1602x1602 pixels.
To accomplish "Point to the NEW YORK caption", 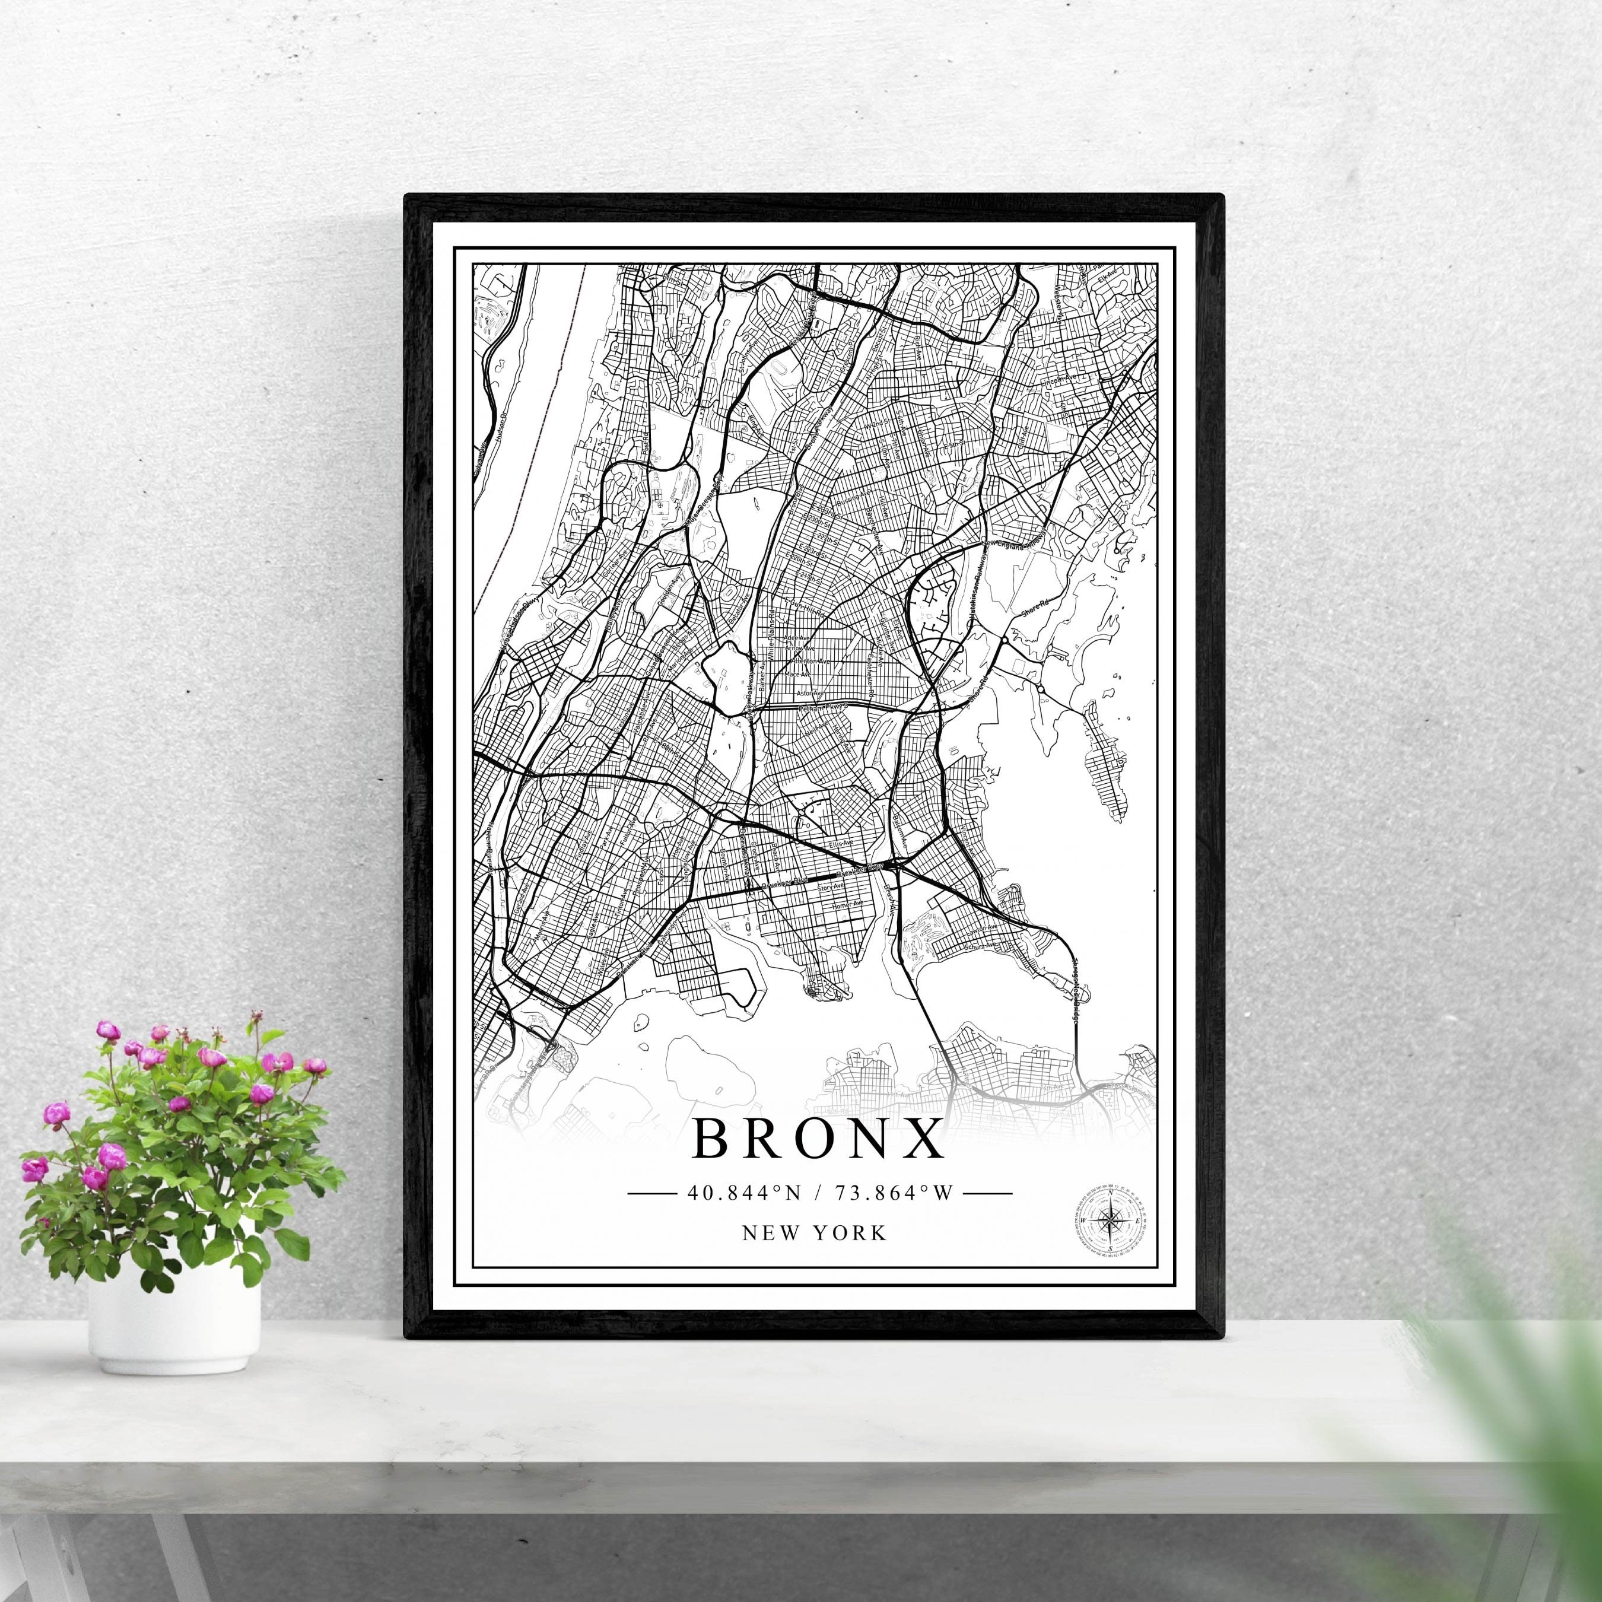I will click(x=814, y=1233).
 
